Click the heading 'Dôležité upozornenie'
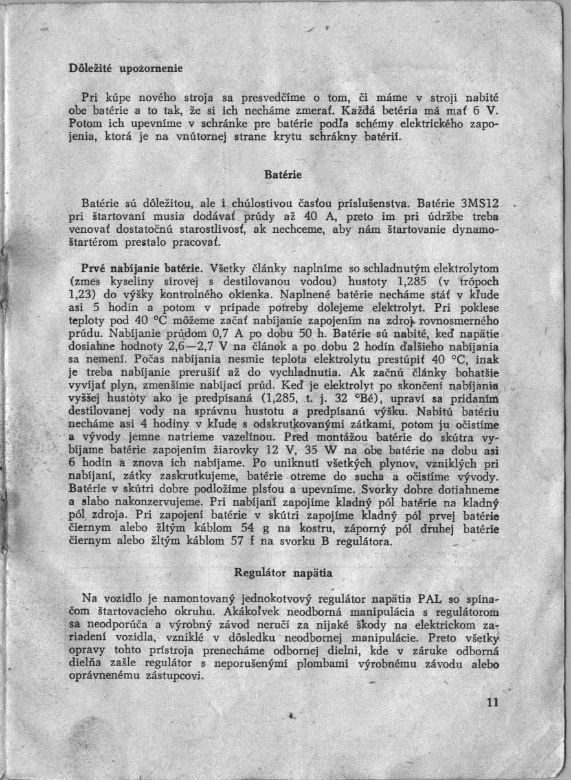click(x=127, y=67)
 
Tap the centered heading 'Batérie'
click(x=284, y=175)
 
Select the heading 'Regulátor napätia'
click(x=283, y=572)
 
